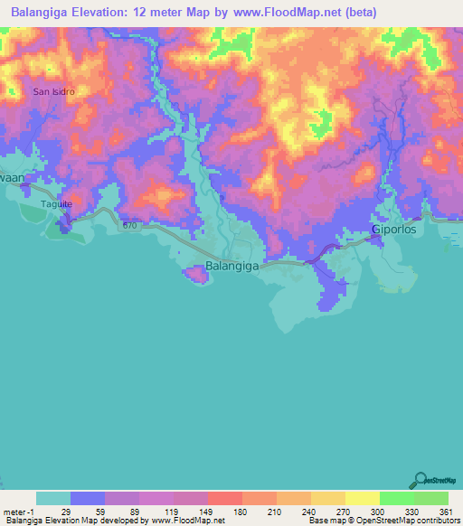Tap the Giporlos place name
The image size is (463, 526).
pos(396,230)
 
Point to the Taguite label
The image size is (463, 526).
pos(56,204)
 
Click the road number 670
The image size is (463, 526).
pos(131,225)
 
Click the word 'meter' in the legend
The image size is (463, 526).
pos(15,511)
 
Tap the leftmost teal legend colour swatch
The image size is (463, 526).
pos(53,498)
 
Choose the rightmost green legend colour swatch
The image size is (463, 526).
pos(430,498)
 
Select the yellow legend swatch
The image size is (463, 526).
pos(362,498)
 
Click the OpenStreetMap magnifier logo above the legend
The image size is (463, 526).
pos(420,480)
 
